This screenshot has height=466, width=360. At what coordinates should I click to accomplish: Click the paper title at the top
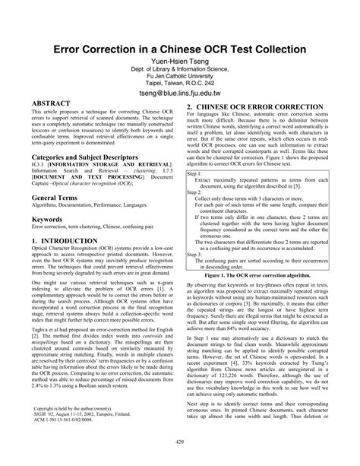click(x=179, y=48)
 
